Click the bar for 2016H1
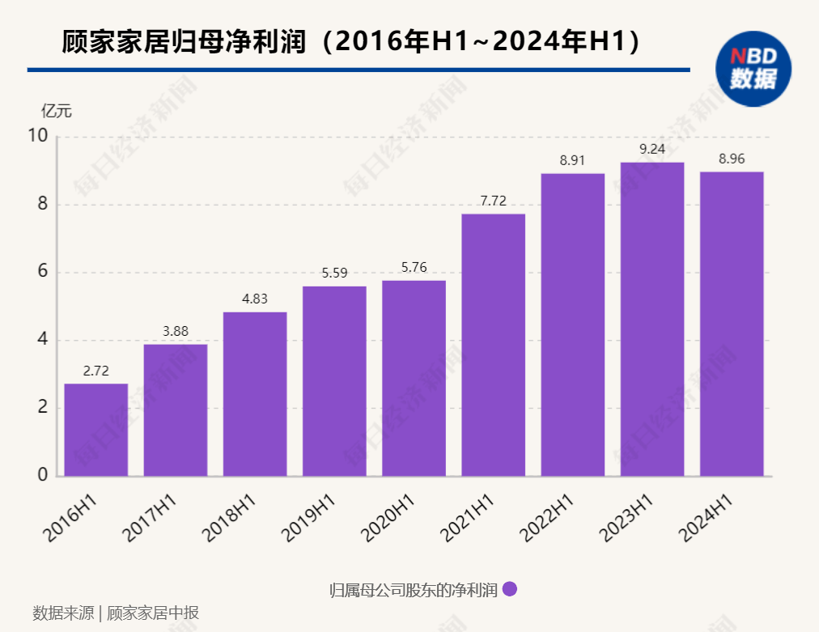(x=95, y=430)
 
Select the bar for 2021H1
(x=493, y=345)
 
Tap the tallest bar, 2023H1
(x=651, y=319)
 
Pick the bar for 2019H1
(x=334, y=381)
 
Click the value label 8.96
(x=732, y=159)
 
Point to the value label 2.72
(x=95, y=371)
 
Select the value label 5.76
(x=414, y=268)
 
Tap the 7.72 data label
(x=493, y=201)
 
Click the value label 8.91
(x=572, y=160)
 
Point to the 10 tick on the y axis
(x=38, y=136)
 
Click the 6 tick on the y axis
(x=42, y=272)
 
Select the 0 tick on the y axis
(x=42, y=475)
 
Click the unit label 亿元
(x=56, y=111)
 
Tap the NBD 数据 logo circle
(x=753, y=68)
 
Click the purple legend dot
(x=510, y=589)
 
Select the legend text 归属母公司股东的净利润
(x=413, y=590)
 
